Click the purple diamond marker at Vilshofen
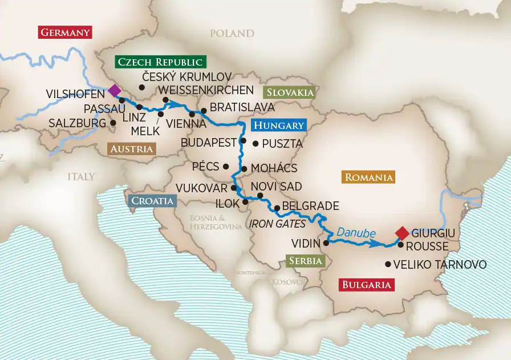(114, 90)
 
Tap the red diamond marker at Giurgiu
(402, 233)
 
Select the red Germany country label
(65, 32)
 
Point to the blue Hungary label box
(278, 126)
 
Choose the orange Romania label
(368, 177)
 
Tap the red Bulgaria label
(366, 285)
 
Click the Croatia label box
(152, 200)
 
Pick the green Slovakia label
(289, 92)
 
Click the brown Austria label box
(131, 149)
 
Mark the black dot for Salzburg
(113, 123)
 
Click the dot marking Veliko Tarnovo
(388, 264)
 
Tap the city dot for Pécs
(226, 167)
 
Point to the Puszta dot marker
(255, 144)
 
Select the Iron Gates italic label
(277, 224)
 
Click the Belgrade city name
(311, 206)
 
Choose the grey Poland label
(231, 34)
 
